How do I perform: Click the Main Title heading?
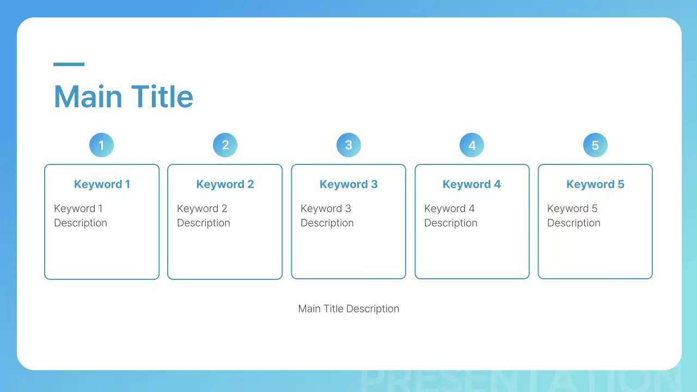pos(123,96)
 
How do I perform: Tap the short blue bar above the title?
pos(69,64)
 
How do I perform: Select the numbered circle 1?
pos(101,145)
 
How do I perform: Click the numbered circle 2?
pos(225,145)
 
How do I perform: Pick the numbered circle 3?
pos(348,145)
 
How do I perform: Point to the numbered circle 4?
pos(472,145)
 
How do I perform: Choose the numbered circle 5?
pos(595,145)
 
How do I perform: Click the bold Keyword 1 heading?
pos(102,184)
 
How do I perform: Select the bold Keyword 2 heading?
pos(225,184)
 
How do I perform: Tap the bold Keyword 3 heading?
pos(348,184)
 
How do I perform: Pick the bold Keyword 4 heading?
pos(472,184)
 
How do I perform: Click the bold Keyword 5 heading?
pos(595,184)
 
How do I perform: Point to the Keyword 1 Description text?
pos(80,216)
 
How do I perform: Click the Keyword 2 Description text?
pos(203,216)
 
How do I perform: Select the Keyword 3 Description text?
pos(327,216)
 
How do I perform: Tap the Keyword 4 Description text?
pos(450,216)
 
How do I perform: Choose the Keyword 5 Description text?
pos(573,216)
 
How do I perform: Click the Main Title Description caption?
pos(348,309)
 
